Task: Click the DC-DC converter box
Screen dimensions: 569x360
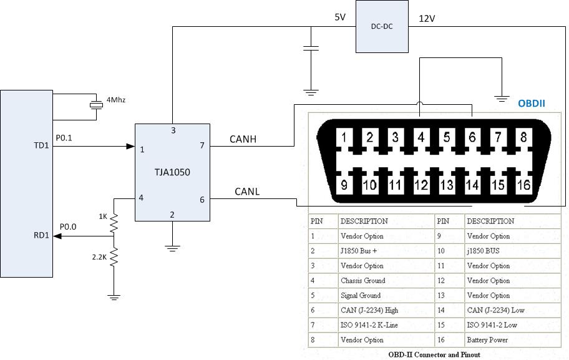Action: pyautogui.click(x=382, y=26)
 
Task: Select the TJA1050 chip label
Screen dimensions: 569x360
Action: pyautogui.click(x=172, y=172)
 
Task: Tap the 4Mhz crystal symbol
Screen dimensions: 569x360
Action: pyautogui.click(x=96, y=105)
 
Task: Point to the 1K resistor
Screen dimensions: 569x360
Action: pyautogui.click(x=114, y=223)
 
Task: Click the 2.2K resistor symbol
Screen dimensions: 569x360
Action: pyautogui.click(x=114, y=256)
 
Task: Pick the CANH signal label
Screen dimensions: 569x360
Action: pyautogui.click(x=243, y=139)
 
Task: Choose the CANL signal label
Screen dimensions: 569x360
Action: pyautogui.click(x=247, y=192)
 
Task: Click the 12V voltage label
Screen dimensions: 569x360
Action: pyautogui.click(x=427, y=19)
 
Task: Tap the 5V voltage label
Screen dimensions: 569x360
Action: pyautogui.click(x=340, y=17)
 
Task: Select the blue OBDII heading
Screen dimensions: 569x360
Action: pyautogui.click(x=532, y=104)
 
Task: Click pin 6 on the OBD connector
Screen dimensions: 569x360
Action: pyautogui.click(x=472, y=137)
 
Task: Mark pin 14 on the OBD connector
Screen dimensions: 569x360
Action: pyautogui.click(x=472, y=185)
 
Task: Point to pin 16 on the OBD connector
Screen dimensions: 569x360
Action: pyautogui.click(x=523, y=185)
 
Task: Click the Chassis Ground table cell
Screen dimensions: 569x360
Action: pyautogui.click(x=363, y=281)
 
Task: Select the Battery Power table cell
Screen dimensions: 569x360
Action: pyautogui.click(x=487, y=340)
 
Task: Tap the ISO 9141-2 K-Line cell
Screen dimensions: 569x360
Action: pyautogui.click(x=369, y=325)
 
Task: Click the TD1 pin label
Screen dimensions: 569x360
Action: pyautogui.click(x=41, y=145)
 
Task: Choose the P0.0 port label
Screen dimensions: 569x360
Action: pyautogui.click(x=68, y=227)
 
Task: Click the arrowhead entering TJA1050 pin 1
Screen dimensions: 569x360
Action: pyautogui.click(x=130, y=146)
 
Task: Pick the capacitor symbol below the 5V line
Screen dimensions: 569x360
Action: pyautogui.click(x=311, y=48)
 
